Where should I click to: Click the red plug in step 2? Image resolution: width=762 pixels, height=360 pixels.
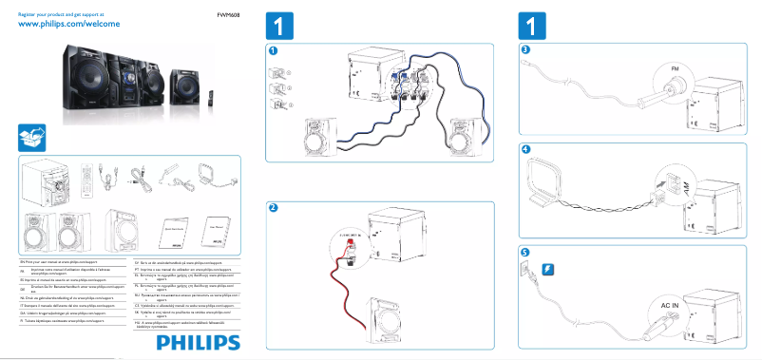point(351,243)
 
